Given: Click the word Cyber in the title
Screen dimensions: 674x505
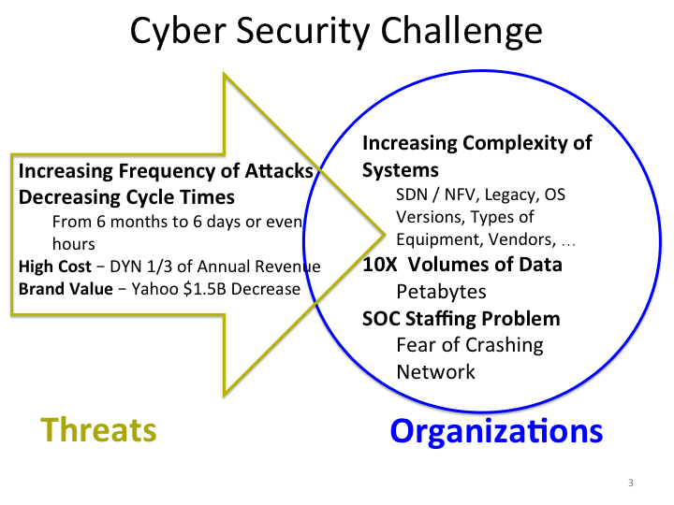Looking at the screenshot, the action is point(178,32).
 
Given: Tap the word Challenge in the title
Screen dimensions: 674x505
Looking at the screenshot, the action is point(462,32).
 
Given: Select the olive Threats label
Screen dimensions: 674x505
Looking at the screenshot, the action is point(98,430).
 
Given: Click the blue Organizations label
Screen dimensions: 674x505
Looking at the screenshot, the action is point(496,431).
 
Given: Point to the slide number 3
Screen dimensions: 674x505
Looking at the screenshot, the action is point(631,483).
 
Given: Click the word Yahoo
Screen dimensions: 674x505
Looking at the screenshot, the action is point(155,289).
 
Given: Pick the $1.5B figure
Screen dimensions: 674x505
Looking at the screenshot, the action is point(205,289).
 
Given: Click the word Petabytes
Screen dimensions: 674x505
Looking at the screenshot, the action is point(441,292).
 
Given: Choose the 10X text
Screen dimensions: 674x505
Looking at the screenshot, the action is point(380,265).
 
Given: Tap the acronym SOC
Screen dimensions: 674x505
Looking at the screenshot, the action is point(381,319).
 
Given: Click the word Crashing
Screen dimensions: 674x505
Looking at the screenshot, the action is point(505,346).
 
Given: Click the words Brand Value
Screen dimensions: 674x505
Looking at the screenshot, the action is point(66,289).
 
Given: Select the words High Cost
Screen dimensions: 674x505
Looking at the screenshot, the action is point(55,267).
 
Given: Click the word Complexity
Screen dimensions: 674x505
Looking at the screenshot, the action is point(516,144).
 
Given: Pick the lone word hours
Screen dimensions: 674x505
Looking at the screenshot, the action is point(74,244).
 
